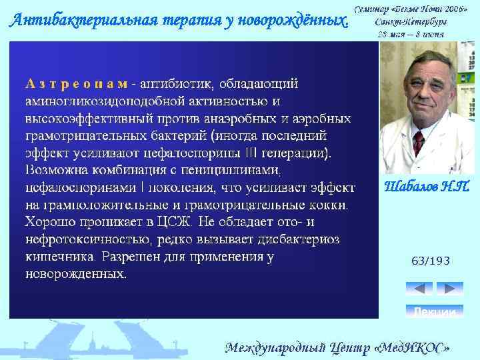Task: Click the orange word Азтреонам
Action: coord(77,84)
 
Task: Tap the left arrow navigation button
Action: coord(419,289)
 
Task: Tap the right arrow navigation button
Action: coord(449,289)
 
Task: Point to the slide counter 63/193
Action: coord(431,261)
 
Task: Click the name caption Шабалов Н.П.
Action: coord(427,187)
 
